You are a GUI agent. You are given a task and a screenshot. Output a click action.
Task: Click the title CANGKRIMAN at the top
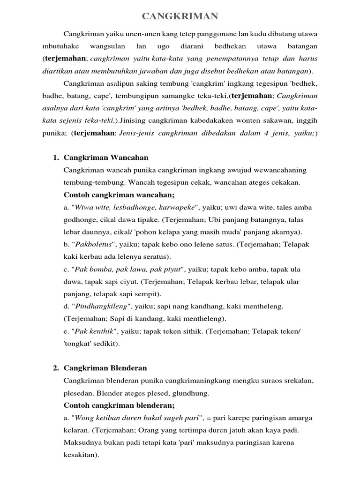(180, 17)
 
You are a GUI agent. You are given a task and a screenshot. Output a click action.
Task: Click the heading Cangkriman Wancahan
(106, 157)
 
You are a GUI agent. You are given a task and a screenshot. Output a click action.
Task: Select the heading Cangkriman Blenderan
(105, 368)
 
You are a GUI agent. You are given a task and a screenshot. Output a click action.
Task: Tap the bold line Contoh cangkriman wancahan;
(119, 195)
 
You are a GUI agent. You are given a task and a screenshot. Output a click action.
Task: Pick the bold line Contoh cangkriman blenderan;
(119, 405)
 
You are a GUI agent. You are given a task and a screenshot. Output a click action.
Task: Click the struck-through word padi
(291, 430)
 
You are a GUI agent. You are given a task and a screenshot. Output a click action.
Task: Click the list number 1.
(55, 157)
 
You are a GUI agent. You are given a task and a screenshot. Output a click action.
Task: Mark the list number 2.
(55, 368)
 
